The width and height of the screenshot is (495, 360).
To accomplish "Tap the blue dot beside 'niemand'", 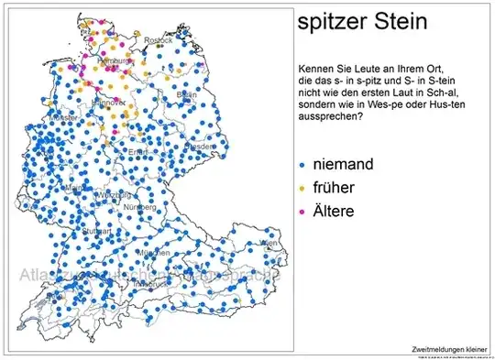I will (x=303, y=166).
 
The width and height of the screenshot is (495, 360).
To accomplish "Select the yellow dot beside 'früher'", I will (x=303, y=189).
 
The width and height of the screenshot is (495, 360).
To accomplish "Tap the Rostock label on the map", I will (x=158, y=40).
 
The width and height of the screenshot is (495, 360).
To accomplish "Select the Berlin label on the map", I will (x=186, y=94).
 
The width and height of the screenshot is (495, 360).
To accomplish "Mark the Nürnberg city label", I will (x=139, y=206).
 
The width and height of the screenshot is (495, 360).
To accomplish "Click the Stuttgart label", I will (x=97, y=232).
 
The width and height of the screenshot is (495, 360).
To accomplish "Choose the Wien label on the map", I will (x=268, y=243).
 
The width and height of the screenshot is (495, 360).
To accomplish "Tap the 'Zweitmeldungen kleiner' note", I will (x=448, y=349).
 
